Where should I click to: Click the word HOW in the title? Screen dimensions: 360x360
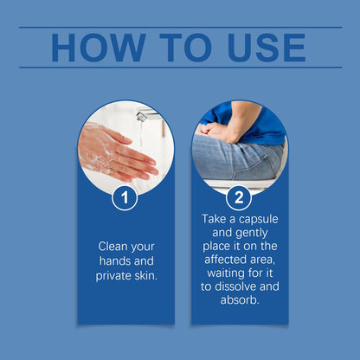(x=99, y=48)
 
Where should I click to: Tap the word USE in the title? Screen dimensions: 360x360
(x=267, y=48)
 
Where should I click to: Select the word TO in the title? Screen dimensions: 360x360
(x=186, y=48)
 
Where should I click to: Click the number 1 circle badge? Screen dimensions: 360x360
(x=125, y=198)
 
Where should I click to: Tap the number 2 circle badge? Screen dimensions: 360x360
(x=239, y=198)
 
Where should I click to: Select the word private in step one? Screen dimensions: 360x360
(x=113, y=276)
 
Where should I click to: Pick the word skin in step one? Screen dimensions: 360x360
(x=145, y=276)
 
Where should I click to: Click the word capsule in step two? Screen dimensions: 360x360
(x=259, y=220)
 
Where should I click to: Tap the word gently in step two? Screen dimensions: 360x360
(x=252, y=233)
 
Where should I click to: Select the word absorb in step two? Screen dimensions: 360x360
(x=238, y=300)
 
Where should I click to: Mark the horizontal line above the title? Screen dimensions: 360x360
(x=181, y=28)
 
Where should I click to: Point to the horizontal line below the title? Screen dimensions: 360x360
(x=181, y=67)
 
